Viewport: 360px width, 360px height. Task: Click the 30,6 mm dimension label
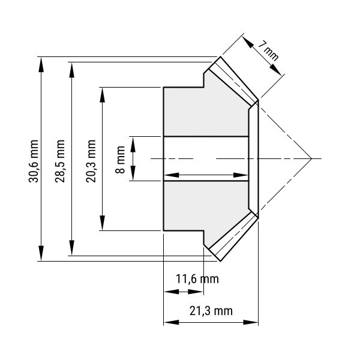pos(33,161)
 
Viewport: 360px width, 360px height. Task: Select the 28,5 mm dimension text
pos(60,161)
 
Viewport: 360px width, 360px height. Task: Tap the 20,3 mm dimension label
pos(91,161)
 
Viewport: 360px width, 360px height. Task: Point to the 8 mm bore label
pos(120,160)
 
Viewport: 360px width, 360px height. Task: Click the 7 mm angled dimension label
pos(268,50)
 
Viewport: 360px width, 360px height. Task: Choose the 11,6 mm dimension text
pos(197,279)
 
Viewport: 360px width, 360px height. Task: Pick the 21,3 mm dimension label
pos(211,311)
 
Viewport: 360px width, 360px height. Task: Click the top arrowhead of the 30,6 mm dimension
pos(41,65)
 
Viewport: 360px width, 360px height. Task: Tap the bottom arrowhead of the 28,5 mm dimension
pos(72,247)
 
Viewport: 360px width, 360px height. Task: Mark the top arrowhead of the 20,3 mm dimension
pos(103,95)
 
